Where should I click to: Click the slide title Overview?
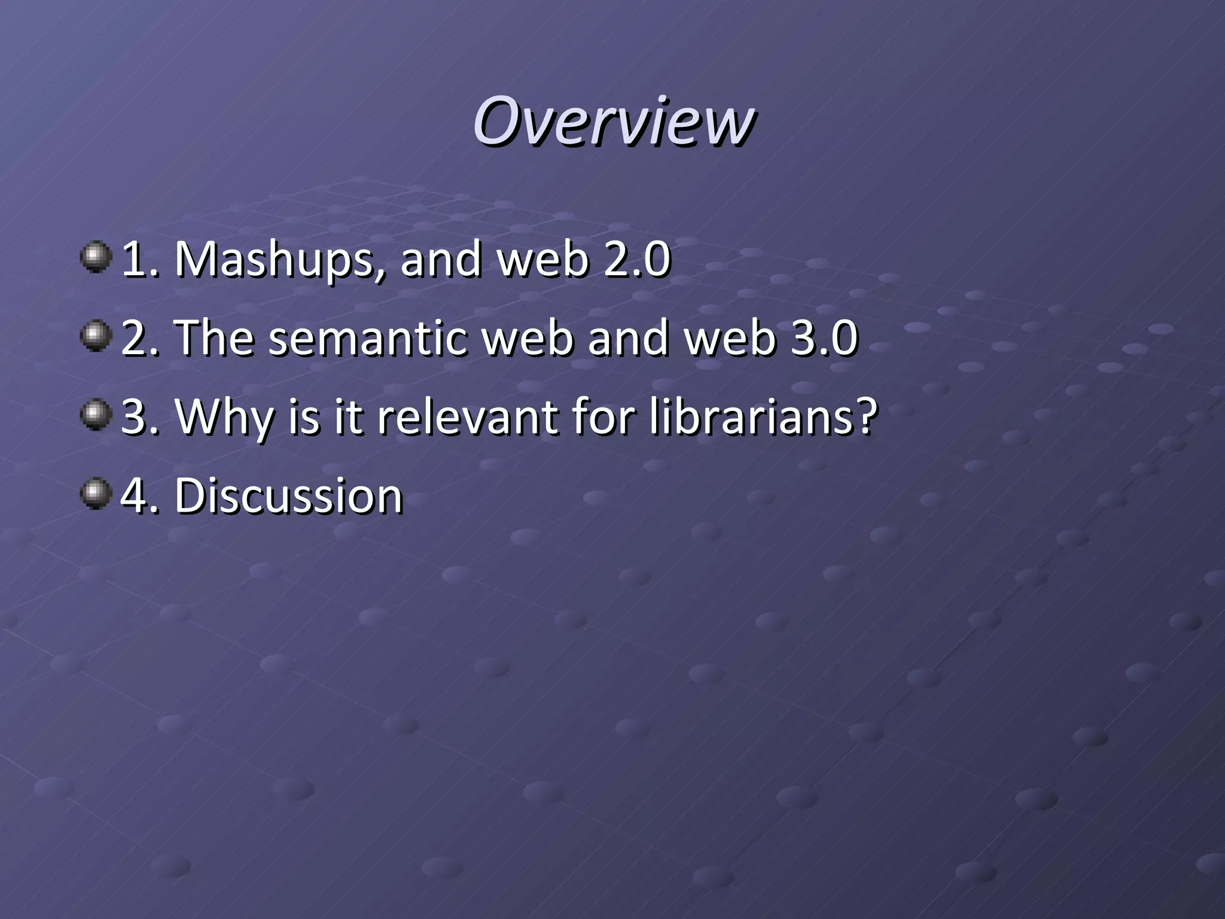613,121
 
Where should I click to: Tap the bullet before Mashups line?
96,257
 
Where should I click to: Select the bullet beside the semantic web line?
96,336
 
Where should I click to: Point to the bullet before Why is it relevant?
96,415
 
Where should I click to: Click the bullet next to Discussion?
96,494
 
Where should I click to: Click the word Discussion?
288,496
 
